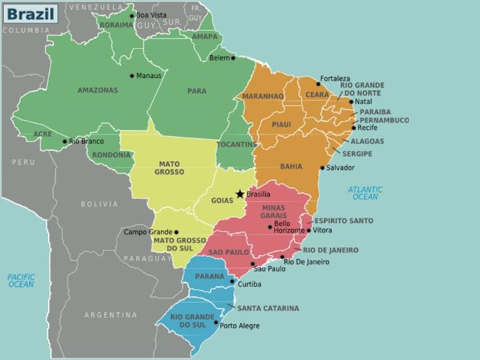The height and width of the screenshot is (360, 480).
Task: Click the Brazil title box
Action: pyautogui.click(x=30, y=13)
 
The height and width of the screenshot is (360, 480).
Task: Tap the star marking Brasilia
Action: pyautogui.click(x=240, y=194)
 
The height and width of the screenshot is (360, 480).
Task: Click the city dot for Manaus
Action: pyautogui.click(x=132, y=76)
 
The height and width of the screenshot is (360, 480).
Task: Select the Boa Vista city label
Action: pyautogui.click(x=152, y=15)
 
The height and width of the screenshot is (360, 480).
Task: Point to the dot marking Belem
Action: pyautogui.click(x=233, y=57)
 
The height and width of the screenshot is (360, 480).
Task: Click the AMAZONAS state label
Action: pyautogui.click(x=97, y=90)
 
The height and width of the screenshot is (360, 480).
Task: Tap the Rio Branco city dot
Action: pyautogui.click(x=64, y=141)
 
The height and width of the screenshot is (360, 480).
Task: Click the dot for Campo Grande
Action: pyautogui.click(x=176, y=232)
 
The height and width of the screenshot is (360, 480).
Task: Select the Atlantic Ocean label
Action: pyautogui.click(x=366, y=193)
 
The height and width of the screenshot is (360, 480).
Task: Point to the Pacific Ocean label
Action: pyautogui.click(x=21, y=280)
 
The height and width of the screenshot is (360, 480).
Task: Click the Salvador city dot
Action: pyautogui.click(x=322, y=167)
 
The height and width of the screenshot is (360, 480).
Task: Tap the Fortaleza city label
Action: pyautogui.click(x=335, y=79)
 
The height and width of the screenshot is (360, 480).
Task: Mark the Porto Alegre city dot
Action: pyautogui.click(x=216, y=322)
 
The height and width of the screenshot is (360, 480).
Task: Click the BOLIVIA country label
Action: pyautogui.click(x=99, y=204)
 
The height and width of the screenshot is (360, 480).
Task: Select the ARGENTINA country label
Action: pyautogui.click(x=111, y=315)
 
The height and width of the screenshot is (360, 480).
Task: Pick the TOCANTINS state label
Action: pyautogui.click(x=236, y=144)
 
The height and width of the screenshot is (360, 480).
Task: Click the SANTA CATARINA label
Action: pyautogui.click(x=267, y=308)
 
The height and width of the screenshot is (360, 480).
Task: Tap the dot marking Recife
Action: pyautogui.click(x=354, y=127)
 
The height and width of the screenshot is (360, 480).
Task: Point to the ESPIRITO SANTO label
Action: pyautogui.click(x=344, y=221)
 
